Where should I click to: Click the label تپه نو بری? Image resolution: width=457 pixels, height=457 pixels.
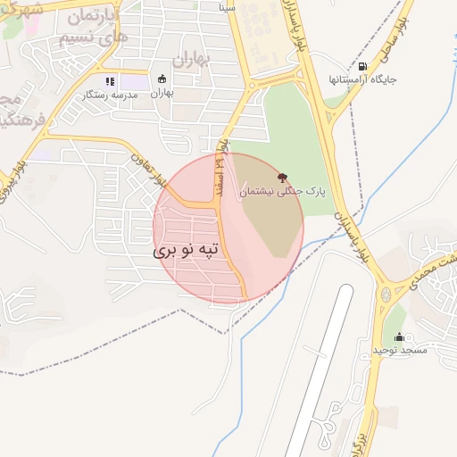[x=186, y=252]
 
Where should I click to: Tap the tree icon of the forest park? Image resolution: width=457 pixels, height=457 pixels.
[x=283, y=177]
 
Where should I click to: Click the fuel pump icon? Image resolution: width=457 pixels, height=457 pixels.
[x=361, y=66]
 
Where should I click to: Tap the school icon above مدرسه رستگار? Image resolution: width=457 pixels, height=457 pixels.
[x=111, y=81]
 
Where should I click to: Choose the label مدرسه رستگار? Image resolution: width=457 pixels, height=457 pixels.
[x=111, y=94]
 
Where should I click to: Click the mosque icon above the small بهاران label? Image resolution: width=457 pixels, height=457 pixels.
[x=162, y=79]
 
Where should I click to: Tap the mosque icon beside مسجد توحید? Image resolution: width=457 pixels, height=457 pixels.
[x=399, y=337]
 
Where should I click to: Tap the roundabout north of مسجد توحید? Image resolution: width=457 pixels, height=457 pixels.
[x=386, y=294]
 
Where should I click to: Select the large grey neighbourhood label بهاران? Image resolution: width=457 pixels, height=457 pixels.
[x=188, y=60]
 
